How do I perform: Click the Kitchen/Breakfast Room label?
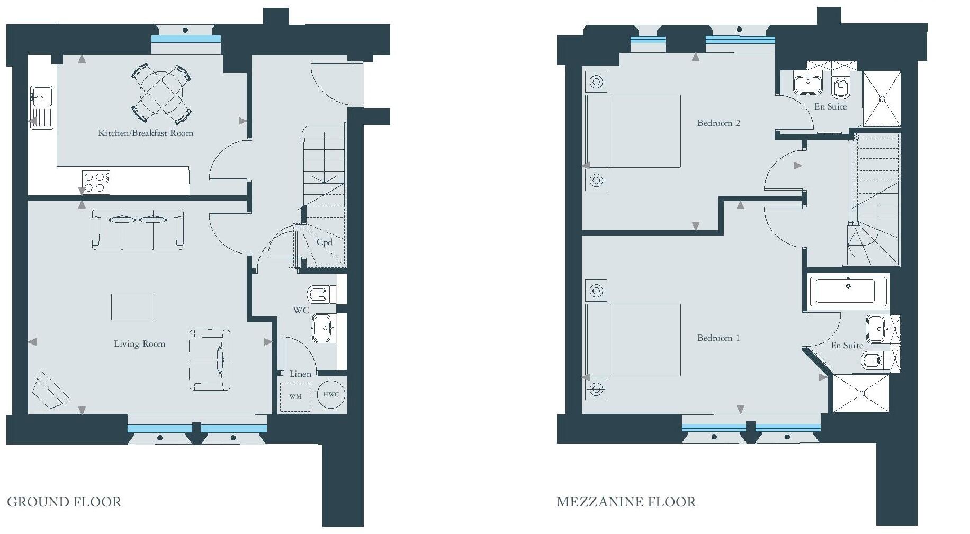tap(146, 133)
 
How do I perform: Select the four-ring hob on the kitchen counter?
tap(96, 182)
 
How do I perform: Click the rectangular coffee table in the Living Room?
tap(132, 307)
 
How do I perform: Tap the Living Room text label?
tap(140, 344)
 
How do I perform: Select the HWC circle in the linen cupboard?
tap(331, 394)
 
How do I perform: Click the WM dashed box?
tap(295, 396)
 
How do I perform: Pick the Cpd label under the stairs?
tap(324, 242)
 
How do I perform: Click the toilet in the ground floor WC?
tap(319, 294)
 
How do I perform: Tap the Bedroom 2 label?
tap(718, 123)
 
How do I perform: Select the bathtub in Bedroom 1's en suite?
tap(848, 291)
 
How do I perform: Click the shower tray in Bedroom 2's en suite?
tap(882, 99)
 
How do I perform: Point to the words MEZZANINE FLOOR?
tap(626, 502)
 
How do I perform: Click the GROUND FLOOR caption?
tap(64, 502)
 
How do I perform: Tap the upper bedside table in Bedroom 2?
tap(596, 82)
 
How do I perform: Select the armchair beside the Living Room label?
tap(210, 360)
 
